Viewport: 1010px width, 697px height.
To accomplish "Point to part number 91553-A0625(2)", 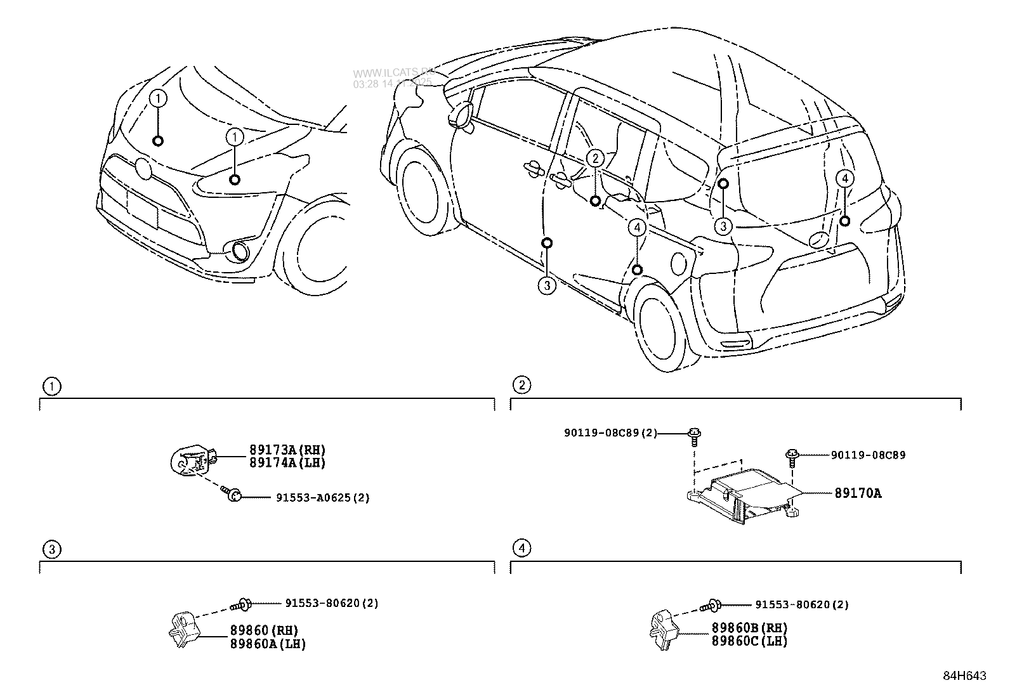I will click(322, 498).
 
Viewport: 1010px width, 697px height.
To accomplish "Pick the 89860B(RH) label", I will click(749, 628).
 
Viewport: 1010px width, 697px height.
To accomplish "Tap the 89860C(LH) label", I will click(749, 641).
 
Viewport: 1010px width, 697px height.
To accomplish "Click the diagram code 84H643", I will click(964, 676).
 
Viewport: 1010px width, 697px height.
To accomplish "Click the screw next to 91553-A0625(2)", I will click(232, 495).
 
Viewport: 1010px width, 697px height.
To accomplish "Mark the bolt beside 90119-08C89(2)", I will click(695, 435).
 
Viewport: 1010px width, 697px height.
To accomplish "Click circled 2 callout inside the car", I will click(594, 159).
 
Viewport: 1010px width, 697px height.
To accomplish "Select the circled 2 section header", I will click(521, 385).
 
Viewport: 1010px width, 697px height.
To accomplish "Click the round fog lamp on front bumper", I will click(239, 252).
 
